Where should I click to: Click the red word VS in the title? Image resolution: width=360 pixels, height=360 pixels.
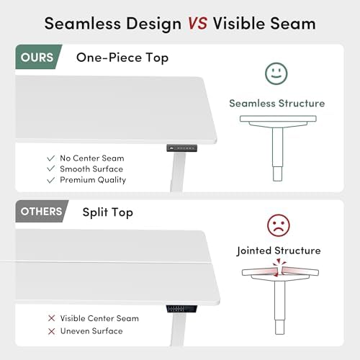pos(197,24)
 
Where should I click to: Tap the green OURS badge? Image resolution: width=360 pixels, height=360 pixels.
pos(38,57)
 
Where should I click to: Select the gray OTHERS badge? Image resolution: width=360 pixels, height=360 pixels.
pos(41,211)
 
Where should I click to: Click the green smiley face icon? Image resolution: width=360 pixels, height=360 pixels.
pos(276,73)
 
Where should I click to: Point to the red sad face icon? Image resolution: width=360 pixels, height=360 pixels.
pos(279,225)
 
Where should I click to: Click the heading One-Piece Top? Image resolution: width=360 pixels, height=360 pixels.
pos(122,58)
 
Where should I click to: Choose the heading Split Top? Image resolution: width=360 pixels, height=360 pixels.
pos(108,212)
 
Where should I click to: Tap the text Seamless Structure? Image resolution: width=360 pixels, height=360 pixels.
pos(277,104)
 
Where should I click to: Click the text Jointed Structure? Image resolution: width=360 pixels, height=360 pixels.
pos(279,251)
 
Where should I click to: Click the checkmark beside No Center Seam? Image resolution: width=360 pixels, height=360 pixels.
pos(51,158)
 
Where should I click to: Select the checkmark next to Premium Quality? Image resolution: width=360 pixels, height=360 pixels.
pos(51,180)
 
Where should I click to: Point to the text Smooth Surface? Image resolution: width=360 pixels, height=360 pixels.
pos(91,169)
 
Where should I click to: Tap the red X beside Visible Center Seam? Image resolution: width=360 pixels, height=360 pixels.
pos(51,318)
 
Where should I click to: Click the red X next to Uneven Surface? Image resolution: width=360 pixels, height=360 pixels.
pos(51,331)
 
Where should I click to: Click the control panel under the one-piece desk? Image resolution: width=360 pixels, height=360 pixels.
pos(182,148)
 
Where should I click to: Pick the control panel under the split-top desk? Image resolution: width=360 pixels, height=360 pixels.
pos(181,309)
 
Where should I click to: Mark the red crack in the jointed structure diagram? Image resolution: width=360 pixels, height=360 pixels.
pos(279,268)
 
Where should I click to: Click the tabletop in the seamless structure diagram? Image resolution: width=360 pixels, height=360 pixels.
pos(278,119)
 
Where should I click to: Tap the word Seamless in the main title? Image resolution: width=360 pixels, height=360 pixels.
pos(83,24)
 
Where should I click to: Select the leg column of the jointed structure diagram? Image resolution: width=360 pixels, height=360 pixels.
pos(280,307)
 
